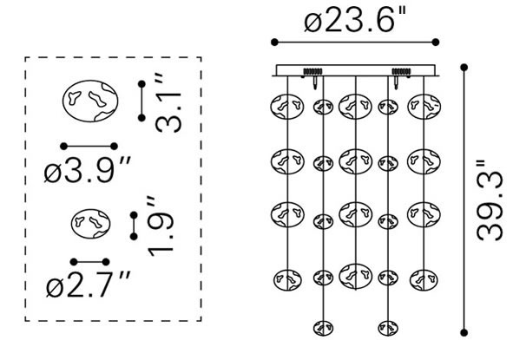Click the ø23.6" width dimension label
click(355, 20)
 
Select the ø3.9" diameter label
click(88, 169)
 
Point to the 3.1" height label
click(168, 102)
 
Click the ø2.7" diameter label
click(89, 284)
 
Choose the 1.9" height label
click(160, 226)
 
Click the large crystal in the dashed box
click(90, 101)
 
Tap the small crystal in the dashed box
click(90, 224)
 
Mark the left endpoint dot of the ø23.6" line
click(274, 43)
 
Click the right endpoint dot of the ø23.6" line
click(436, 43)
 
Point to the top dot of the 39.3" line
click(464, 68)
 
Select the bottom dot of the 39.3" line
click(464, 333)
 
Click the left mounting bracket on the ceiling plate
click(313, 71)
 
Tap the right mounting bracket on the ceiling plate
click(401, 71)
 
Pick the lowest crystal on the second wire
click(323, 328)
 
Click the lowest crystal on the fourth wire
click(388, 328)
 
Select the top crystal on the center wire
click(355, 107)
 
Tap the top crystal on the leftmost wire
click(287, 107)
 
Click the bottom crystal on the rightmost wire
click(424, 280)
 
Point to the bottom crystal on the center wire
click(356, 277)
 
